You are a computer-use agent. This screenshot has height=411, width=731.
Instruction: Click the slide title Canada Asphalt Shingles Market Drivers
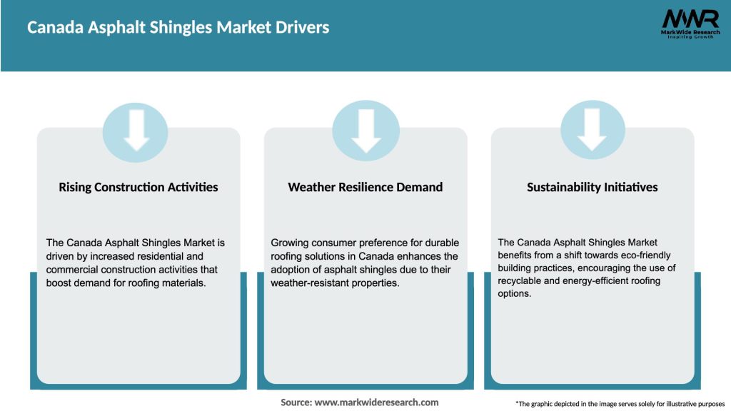(x=178, y=28)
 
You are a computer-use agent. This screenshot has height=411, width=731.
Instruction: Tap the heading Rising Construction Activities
(x=138, y=187)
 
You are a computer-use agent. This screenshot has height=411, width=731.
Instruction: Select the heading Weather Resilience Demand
(x=365, y=187)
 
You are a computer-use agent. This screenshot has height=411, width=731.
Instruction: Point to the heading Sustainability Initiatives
(x=592, y=187)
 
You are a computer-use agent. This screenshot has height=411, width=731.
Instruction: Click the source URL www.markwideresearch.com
(x=376, y=402)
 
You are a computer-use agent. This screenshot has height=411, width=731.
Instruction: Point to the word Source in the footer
(x=296, y=402)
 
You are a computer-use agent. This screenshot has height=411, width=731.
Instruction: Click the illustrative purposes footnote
(x=620, y=404)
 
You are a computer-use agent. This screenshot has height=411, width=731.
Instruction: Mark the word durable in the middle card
(x=440, y=243)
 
